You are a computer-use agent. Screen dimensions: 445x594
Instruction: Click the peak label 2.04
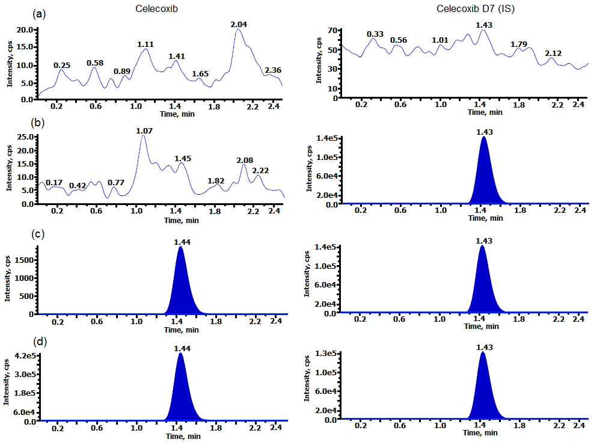tap(239, 24)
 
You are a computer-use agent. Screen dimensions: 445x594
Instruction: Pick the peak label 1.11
tap(146, 44)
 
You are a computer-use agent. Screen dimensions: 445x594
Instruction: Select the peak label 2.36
tap(272, 69)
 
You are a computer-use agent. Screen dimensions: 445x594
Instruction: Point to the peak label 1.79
tap(519, 44)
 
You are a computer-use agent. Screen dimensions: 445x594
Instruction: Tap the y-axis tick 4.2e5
tap(25, 356)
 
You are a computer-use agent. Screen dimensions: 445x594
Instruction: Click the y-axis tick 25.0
tap(25, 137)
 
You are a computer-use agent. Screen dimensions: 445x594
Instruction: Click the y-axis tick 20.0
tap(25, 29)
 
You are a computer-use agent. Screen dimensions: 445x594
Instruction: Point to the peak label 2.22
tap(260, 171)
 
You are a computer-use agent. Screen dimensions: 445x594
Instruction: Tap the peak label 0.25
tap(63, 65)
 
